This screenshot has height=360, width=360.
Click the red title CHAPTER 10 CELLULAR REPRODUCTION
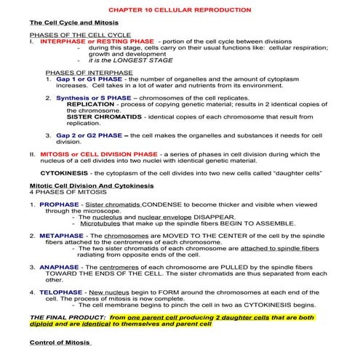tap(180, 12)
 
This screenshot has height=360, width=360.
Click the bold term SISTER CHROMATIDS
tap(99, 116)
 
